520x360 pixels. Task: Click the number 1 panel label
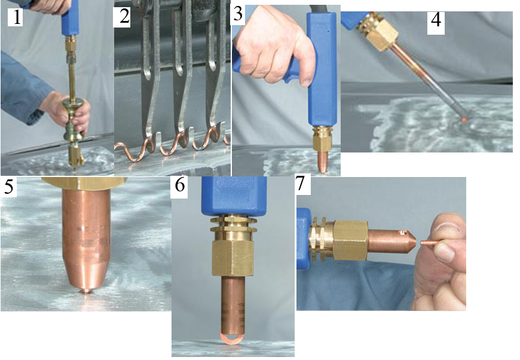point(16,17)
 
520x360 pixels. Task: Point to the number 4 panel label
point(436,20)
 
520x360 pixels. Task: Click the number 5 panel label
point(8,187)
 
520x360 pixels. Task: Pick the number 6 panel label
point(180,185)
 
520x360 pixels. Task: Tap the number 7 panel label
point(301,184)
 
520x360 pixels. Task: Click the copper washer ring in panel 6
point(232,339)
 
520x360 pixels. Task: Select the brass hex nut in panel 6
point(233,258)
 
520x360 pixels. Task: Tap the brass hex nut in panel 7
point(350,240)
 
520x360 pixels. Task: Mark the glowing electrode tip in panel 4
point(465,118)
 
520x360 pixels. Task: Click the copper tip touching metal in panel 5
point(86,291)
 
